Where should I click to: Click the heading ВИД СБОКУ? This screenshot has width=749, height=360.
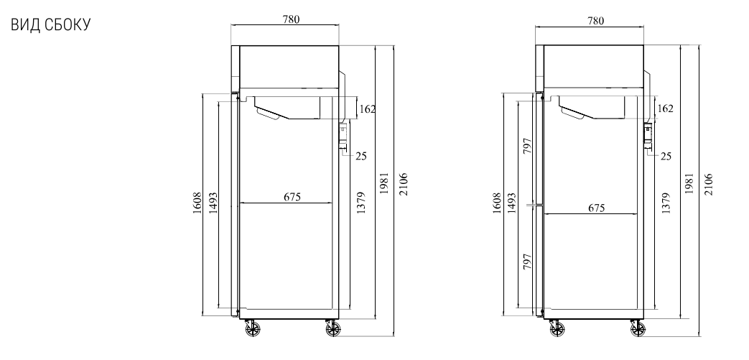[50, 25]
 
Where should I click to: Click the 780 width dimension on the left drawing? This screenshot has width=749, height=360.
[291, 19]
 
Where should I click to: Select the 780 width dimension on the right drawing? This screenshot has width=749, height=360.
[595, 21]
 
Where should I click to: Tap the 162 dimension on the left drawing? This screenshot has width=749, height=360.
[368, 109]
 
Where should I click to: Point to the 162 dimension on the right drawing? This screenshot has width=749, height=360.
[665, 109]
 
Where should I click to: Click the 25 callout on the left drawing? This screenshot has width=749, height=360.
[361, 156]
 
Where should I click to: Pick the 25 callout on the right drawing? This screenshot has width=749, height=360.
[666, 156]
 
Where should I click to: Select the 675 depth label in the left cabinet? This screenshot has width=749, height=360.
[292, 196]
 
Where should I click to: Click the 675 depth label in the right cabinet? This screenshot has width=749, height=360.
[597, 208]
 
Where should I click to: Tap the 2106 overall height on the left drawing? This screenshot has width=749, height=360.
[404, 184]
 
